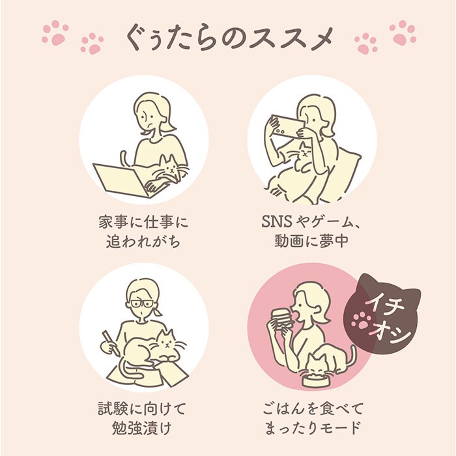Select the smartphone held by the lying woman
[x=286, y=126]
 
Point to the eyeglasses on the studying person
[x=142, y=304]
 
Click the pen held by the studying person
[x=110, y=342]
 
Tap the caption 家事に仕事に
[x=143, y=222]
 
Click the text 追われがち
[x=143, y=241]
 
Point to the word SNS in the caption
[x=276, y=222]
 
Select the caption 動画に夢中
[x=311, y=241]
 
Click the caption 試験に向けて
[x=142, y=408]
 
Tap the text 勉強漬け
[x=142, y=428]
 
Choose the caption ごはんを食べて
[x=313, y=408]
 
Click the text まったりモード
[x=313, y=428]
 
